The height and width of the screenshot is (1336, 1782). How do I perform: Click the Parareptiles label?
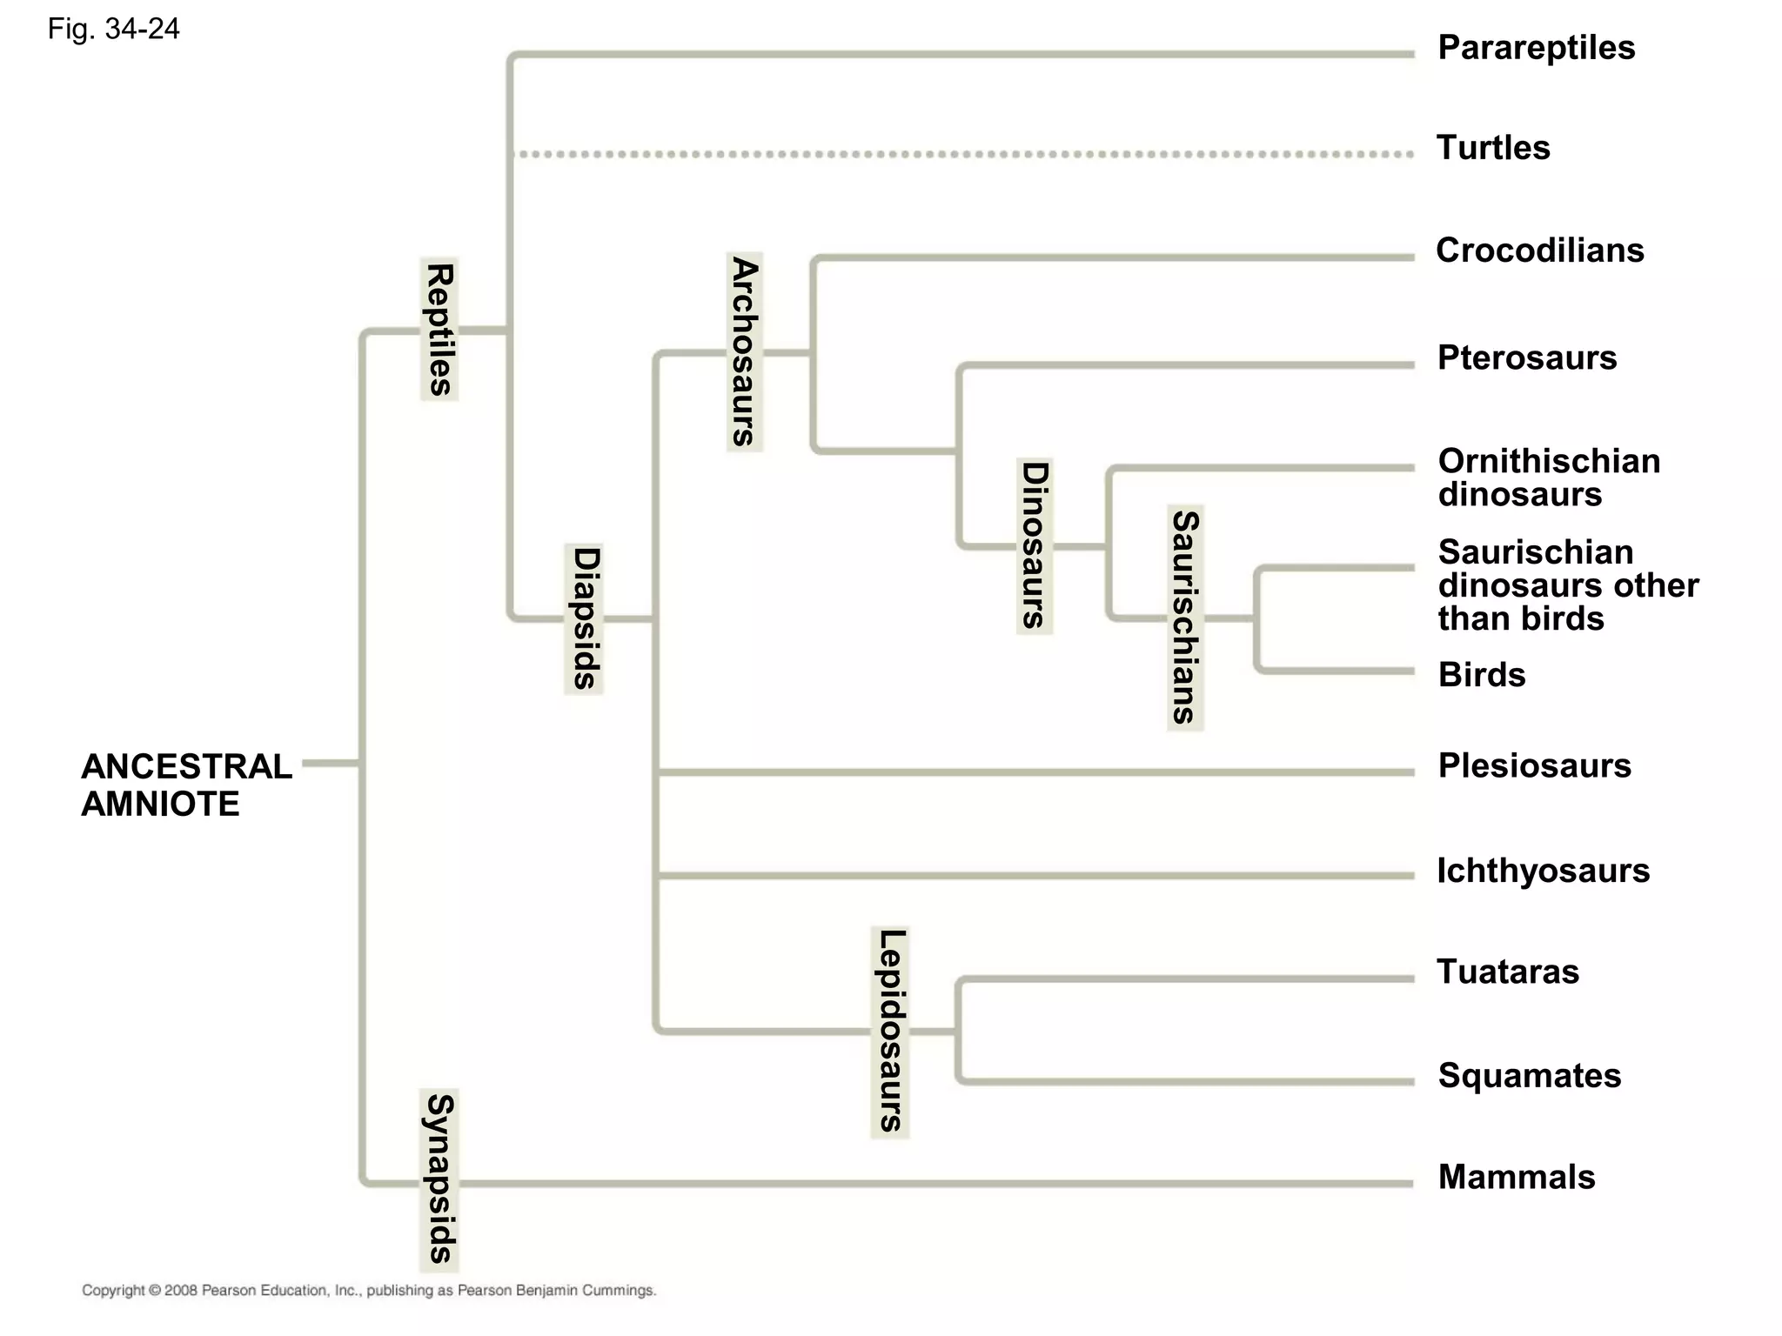click(x=1536, y=48)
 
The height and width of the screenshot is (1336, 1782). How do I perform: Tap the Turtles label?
click(x=1492, y=148)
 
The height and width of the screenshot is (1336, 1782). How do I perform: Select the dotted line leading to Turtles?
click(x=957, y=155)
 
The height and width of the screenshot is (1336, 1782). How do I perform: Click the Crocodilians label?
click(x=1539, y=250)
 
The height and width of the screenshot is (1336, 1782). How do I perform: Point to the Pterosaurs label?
click(x=1526, y=357)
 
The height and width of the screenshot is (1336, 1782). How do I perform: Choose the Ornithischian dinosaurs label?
click(x=1549, y=478)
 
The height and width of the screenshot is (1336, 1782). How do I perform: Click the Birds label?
click(x=1481, y=675)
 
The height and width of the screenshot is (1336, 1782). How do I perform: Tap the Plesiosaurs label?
click(x=1534, y=765)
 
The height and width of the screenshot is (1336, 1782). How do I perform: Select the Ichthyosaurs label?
click(x=1543, y=871)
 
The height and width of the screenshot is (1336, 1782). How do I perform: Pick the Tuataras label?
click(x=1507, y=972)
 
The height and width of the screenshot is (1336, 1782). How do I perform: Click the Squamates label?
click(x=1529, y=1076)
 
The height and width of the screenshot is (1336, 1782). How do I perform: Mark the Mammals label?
click(x=1516, y=1177)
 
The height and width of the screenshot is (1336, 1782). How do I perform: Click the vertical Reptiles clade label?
click(x=439, y=329)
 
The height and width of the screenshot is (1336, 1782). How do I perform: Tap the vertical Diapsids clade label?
click(x=584, y=618)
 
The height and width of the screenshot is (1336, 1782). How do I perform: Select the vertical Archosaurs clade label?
click(x=745, y=351)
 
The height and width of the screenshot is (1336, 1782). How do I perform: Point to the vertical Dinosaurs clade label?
click(x=1035, y=545)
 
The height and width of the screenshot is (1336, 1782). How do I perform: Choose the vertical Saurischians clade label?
click(x=1185, y=618)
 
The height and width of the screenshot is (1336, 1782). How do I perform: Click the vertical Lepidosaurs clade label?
click(x=890, y=1032)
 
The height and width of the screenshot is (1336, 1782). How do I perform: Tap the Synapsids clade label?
click(x=439, y=1179)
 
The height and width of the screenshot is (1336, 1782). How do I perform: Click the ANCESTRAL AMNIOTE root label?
click(x=185, y=785)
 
